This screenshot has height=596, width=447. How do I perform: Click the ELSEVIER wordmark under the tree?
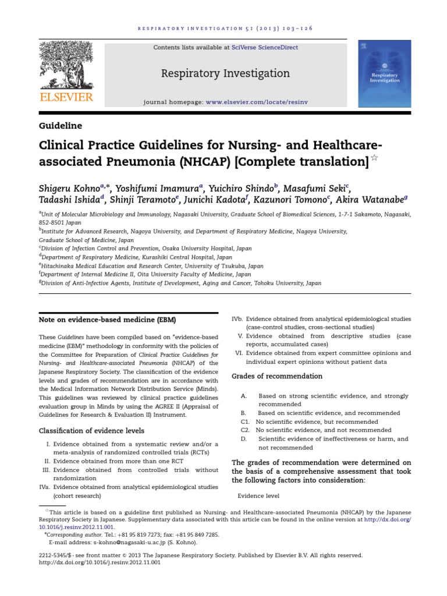pos(66,96)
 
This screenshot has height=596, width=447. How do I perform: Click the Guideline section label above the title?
pos(60,125)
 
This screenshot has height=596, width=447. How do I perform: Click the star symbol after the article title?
pos(375,159)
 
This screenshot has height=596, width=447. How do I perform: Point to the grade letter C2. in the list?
pos(244,430)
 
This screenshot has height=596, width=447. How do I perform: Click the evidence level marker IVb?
pos(237,319)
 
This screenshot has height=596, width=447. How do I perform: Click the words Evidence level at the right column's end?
pos(258,496)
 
